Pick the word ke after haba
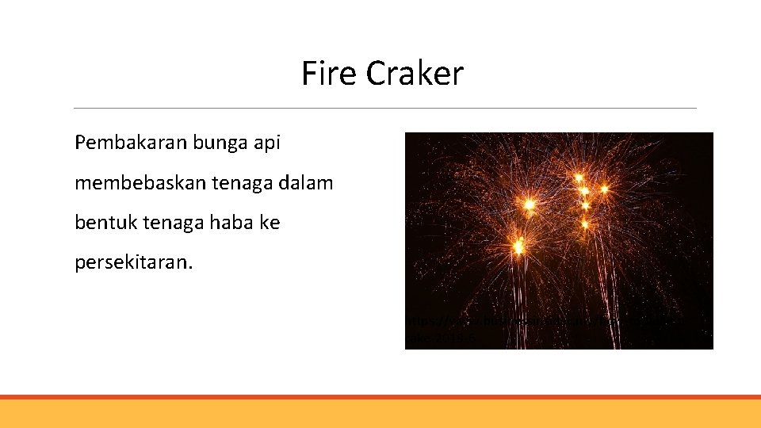tap(270, 223)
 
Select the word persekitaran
tap(133, 262)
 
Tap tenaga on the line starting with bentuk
tap(163, 223)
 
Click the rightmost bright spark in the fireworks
tap(604, 189)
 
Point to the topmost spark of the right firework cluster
tap(579, 176)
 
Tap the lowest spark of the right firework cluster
tap(585, 224)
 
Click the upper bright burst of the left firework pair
tap(529, 204)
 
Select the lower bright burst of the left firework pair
tap(518, 246)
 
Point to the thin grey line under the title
tap(384, 109)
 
